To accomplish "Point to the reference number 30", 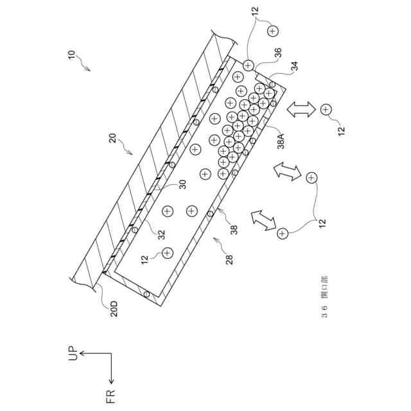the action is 183,184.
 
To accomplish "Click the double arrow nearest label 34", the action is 299,109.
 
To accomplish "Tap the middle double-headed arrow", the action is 286,171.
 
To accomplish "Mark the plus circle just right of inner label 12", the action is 168,253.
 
